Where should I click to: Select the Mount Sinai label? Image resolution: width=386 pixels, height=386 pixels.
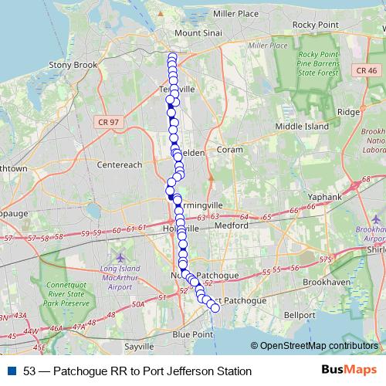click(198, 34)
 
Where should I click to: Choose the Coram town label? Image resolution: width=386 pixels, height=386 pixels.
click(230, 150)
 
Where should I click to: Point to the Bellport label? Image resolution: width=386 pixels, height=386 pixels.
click(278, 316)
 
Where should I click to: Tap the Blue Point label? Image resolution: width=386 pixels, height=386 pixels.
click(192, 334)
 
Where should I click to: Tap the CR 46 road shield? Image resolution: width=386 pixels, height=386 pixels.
click(367, 71)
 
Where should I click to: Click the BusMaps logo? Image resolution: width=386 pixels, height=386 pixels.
click(348, 371)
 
